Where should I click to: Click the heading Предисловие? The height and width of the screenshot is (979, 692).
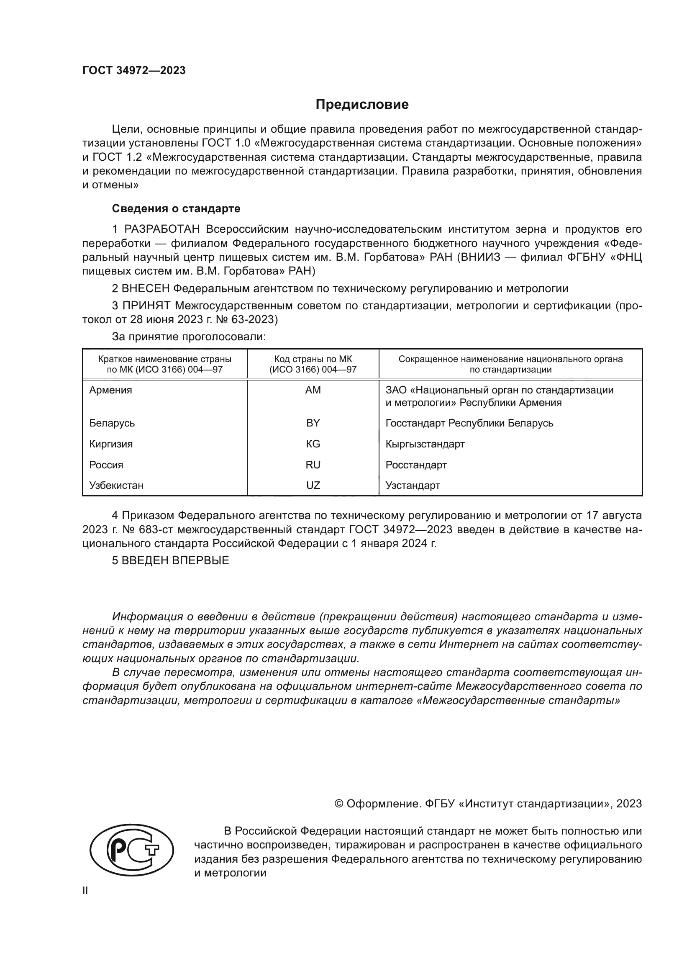coord(362,105)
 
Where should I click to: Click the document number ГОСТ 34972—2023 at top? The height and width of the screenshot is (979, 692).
coord(134,70)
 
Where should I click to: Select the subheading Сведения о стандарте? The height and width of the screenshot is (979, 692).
coord(176,208)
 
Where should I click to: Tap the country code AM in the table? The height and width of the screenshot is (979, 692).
coord(313,390)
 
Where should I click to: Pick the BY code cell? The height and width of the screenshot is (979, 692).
coord(313,423)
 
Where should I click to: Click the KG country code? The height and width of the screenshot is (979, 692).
coord(313,444)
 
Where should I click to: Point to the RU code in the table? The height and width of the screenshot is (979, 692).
coord(313,465)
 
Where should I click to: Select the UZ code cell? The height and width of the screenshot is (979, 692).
coord(313,485)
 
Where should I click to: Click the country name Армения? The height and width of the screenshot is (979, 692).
coord(110,390)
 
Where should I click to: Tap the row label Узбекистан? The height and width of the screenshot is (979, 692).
coord(116,485)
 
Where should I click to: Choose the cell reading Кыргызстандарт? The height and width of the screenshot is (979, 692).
coord(425,444)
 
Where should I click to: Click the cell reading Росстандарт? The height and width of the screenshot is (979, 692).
coord(416,465)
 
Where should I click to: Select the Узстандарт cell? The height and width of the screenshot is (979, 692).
coord(413,485)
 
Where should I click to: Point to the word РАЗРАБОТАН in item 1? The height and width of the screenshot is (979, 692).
coord(162,229)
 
